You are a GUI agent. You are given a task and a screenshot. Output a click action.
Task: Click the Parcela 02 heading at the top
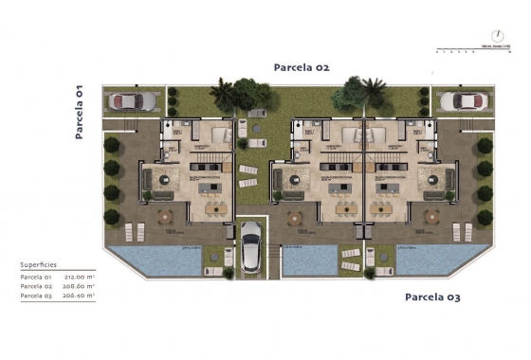tap(301, 67)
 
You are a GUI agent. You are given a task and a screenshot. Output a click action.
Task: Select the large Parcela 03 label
tap(432, 297)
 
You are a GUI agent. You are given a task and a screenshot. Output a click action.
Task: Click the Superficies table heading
tap(38, 265)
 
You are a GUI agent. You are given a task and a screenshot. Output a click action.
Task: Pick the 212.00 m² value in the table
tap(80, 277)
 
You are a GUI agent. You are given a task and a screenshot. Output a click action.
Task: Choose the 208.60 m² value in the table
tap(80, 286)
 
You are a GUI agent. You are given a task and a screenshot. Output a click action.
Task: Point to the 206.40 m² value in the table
tap(80, 296)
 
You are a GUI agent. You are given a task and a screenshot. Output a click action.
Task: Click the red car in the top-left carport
tap(127, 100)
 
